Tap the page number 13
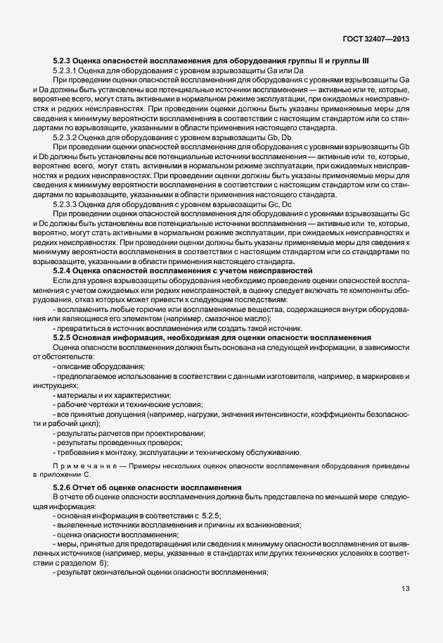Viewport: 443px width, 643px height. (406, 589)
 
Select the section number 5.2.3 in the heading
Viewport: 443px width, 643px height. (64, 63)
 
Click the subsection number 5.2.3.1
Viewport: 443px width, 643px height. (68, 72)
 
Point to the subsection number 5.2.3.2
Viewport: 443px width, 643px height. (68, 137)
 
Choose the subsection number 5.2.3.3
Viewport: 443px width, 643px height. (68, 204)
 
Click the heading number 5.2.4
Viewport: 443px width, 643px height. (64, 270)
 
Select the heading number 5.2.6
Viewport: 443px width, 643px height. (64, 488)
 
